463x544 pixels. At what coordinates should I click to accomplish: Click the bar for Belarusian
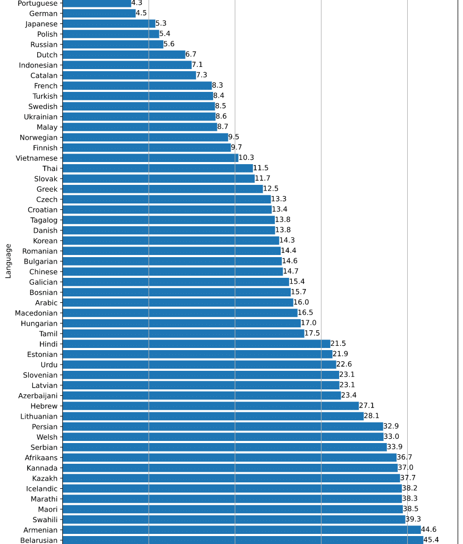tap(242, 540)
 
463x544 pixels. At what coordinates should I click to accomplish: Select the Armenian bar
tap(241, 530)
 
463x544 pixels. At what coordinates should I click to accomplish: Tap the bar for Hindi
tap(196, 344)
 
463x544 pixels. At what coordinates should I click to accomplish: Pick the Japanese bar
tap(109, 24)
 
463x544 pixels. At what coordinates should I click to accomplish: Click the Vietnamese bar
tap(150, 158)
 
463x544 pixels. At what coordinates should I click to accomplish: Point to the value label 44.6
tap(428, 530)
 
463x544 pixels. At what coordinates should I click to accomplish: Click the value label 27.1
tap(367, 406)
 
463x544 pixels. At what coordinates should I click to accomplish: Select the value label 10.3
tap(247, 158)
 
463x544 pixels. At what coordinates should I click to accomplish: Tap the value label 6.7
tap(191, 55)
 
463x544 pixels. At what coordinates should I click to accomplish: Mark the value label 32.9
tap(391, 427)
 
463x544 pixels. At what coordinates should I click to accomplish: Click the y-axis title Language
tap(9, 261)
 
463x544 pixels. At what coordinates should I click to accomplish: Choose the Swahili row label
tap(45, 520)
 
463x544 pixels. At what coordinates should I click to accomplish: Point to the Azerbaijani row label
tap(38, 396)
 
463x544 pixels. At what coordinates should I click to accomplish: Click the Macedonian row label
tap(36, 313)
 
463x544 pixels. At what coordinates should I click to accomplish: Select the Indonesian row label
tap(38, 65)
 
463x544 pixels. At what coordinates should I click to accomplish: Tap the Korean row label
tap(45, 241)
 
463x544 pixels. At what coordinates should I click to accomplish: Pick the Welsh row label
tap(47, 437)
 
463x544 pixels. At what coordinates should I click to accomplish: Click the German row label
tap(44, 13)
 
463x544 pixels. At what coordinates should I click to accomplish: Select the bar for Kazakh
tap(231, 478)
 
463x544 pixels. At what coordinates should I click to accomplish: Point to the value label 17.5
tap(313, 334)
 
